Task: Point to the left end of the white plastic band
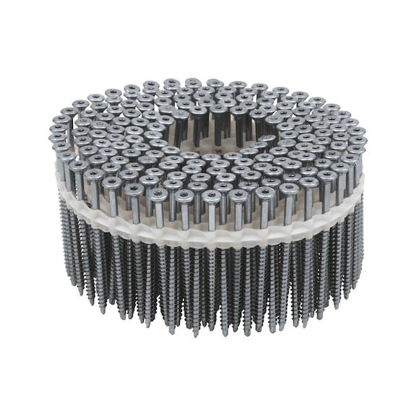pyautogui.click(x=59, y=182)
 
